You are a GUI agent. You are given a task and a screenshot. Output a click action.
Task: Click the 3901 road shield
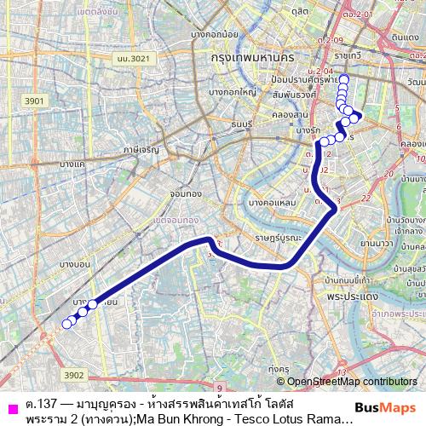click(35, 101)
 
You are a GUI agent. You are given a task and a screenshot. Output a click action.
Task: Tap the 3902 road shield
click(74, 374)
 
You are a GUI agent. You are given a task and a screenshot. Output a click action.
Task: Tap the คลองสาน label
click(302, 114)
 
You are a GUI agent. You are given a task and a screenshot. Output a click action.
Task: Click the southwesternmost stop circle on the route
click(66, 324)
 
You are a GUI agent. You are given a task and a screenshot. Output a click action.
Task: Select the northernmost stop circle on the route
click(344, 78)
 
